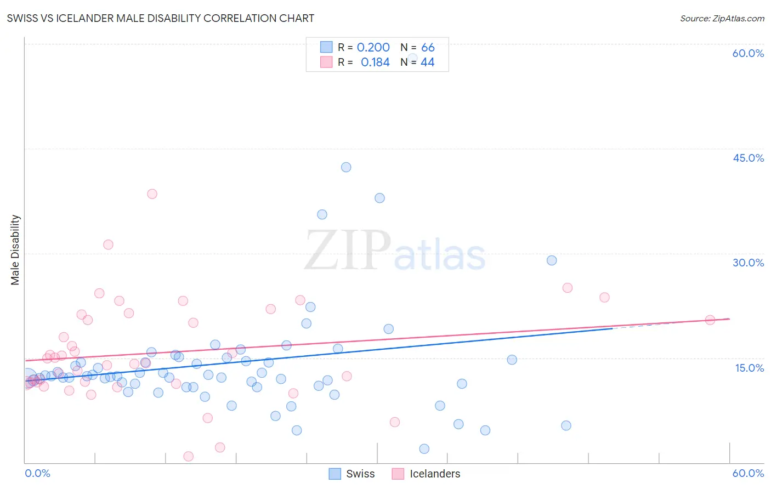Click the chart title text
160,18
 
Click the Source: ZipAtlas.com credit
722,18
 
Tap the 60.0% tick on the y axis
748,53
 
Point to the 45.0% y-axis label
748,158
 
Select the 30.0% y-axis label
748,263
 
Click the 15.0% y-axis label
749,367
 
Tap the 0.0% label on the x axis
37,473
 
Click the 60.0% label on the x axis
748,473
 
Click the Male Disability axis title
15,249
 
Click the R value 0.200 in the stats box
373,48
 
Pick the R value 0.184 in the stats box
375,62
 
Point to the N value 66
428,48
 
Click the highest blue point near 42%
346,167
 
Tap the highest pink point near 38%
152,194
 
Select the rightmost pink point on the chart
710,320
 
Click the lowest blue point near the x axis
424,449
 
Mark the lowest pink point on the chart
188,456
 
